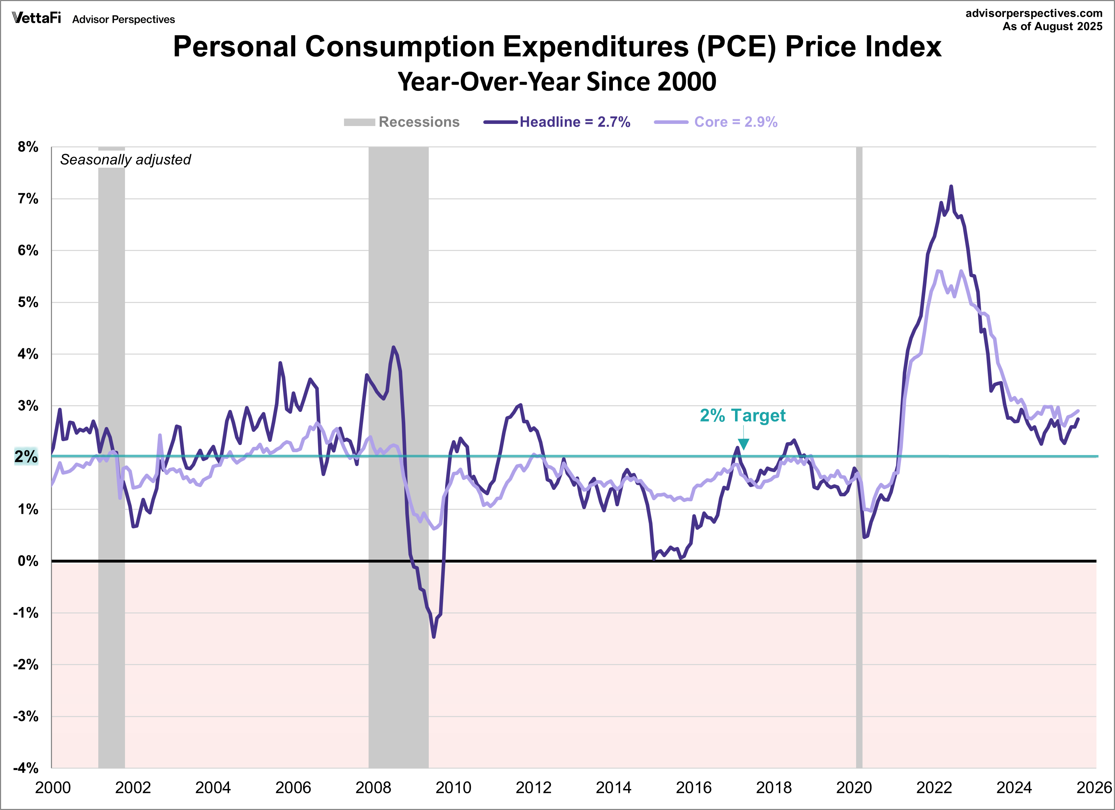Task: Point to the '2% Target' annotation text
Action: pos(743,415)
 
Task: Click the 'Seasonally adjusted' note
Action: pos(125,160)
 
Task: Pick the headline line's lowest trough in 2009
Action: pos(434,637)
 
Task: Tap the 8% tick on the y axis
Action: pos(28,147)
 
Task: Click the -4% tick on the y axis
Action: pos(26,768)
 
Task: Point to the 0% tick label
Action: pos(28,561)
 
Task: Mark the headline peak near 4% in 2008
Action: pos(393,347)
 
